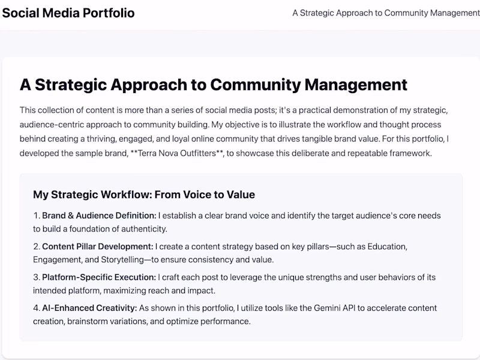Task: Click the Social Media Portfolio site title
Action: [68, 13]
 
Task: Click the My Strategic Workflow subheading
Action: [144, 194]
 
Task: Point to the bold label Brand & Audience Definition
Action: [99, 215]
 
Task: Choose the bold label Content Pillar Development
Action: [98, 246]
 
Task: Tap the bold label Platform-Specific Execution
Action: [99, 277]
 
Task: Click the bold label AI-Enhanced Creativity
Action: [89, 308]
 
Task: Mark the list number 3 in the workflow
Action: [36, 277]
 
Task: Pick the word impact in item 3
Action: [202, 290]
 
